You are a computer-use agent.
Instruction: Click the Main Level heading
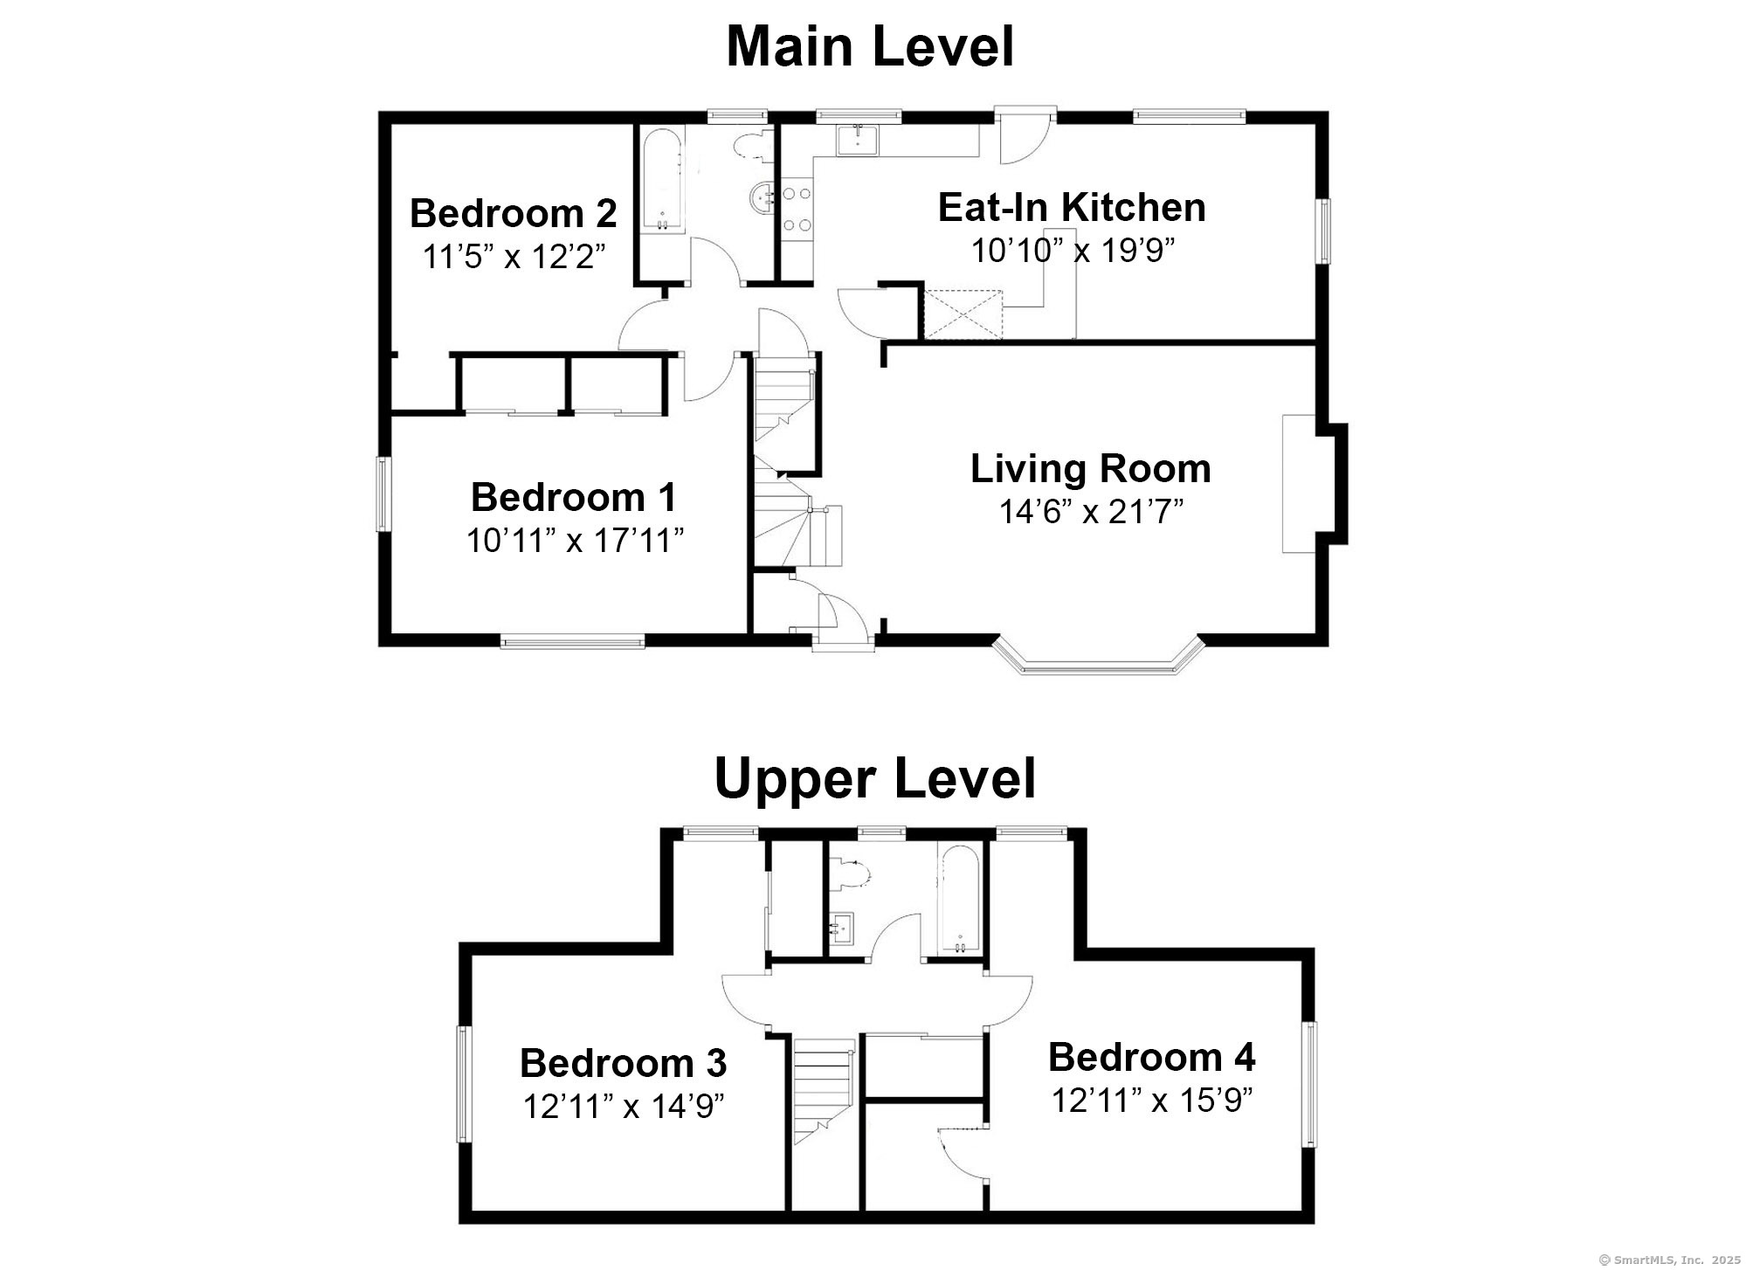[x=870, y=47]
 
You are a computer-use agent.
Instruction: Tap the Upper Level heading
[x=874, y=778]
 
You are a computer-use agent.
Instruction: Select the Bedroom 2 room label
[x=514, y=213]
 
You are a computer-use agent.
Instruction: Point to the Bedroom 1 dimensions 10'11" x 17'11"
[x=575, y=542]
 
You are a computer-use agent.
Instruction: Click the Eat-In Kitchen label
[x=1072, y=208]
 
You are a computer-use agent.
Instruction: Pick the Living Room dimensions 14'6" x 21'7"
[x=1091, y=512]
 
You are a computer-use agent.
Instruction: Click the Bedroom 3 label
[x=623, y=1063]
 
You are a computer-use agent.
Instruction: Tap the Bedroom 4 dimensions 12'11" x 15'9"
[x=1152, y=1101]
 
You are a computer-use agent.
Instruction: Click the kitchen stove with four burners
[x=797, y=209]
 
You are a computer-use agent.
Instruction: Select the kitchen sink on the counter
[x=859, y=140]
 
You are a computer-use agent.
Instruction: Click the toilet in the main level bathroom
[x=754, y=145]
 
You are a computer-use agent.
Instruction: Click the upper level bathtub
[x=960, y=900]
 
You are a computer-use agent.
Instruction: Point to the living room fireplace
[x=1315, y=484]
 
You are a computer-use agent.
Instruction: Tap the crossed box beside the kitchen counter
[x=963, y=314]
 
